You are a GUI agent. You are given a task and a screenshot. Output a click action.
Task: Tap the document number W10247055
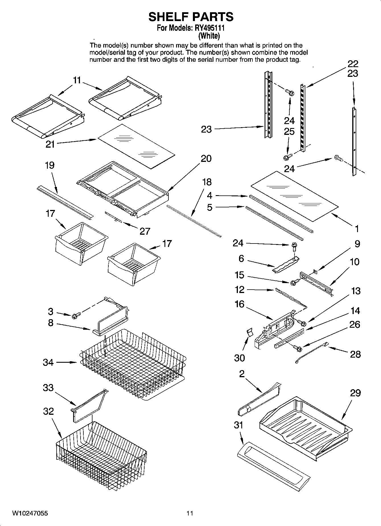30,513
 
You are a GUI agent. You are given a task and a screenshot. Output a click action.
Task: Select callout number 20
206,158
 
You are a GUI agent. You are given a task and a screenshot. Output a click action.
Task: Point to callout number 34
48,362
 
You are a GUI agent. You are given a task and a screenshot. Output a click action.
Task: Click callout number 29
355,393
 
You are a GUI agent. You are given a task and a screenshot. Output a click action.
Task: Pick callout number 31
238,425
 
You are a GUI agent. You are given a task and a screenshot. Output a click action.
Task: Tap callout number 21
50,144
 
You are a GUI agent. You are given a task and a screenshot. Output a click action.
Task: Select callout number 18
207,182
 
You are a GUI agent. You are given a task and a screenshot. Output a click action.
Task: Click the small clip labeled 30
249,333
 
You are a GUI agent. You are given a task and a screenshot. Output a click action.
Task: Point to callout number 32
48,411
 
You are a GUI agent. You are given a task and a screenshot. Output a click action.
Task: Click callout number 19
50,165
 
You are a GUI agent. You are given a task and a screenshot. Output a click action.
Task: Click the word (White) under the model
209,36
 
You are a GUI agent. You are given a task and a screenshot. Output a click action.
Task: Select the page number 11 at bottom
190,513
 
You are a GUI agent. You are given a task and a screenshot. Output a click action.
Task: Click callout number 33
48,388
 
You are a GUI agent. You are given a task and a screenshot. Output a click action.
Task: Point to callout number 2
242,374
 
